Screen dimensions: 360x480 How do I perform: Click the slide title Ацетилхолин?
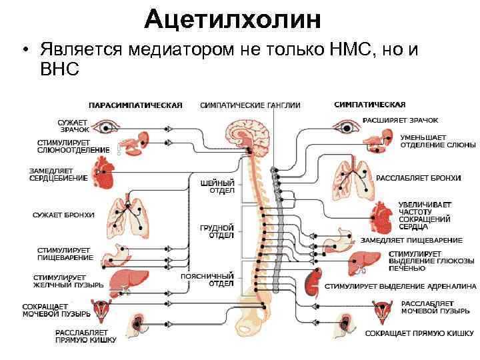[233, 20]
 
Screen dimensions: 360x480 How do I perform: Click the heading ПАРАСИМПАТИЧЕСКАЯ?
[136, 105]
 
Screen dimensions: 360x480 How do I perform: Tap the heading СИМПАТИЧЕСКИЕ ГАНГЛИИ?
[250, 105]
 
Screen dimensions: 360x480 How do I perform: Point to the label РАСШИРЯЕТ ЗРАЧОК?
[400, 121]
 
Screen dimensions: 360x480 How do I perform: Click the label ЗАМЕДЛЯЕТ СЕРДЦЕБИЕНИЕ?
[58, 175]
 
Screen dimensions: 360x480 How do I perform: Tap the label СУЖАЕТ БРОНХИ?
[64, 215]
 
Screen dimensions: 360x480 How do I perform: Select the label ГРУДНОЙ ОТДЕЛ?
[221, 231]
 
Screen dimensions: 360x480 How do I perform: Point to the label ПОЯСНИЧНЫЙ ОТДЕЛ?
[216, 279]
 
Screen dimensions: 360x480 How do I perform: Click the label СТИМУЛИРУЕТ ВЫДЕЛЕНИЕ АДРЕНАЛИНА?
[401, 286]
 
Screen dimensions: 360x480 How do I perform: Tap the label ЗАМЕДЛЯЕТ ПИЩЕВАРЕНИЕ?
[411, 240]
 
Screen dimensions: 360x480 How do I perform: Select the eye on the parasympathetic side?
[105, 125]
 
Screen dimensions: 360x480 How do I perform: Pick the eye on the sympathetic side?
[346, 125]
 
